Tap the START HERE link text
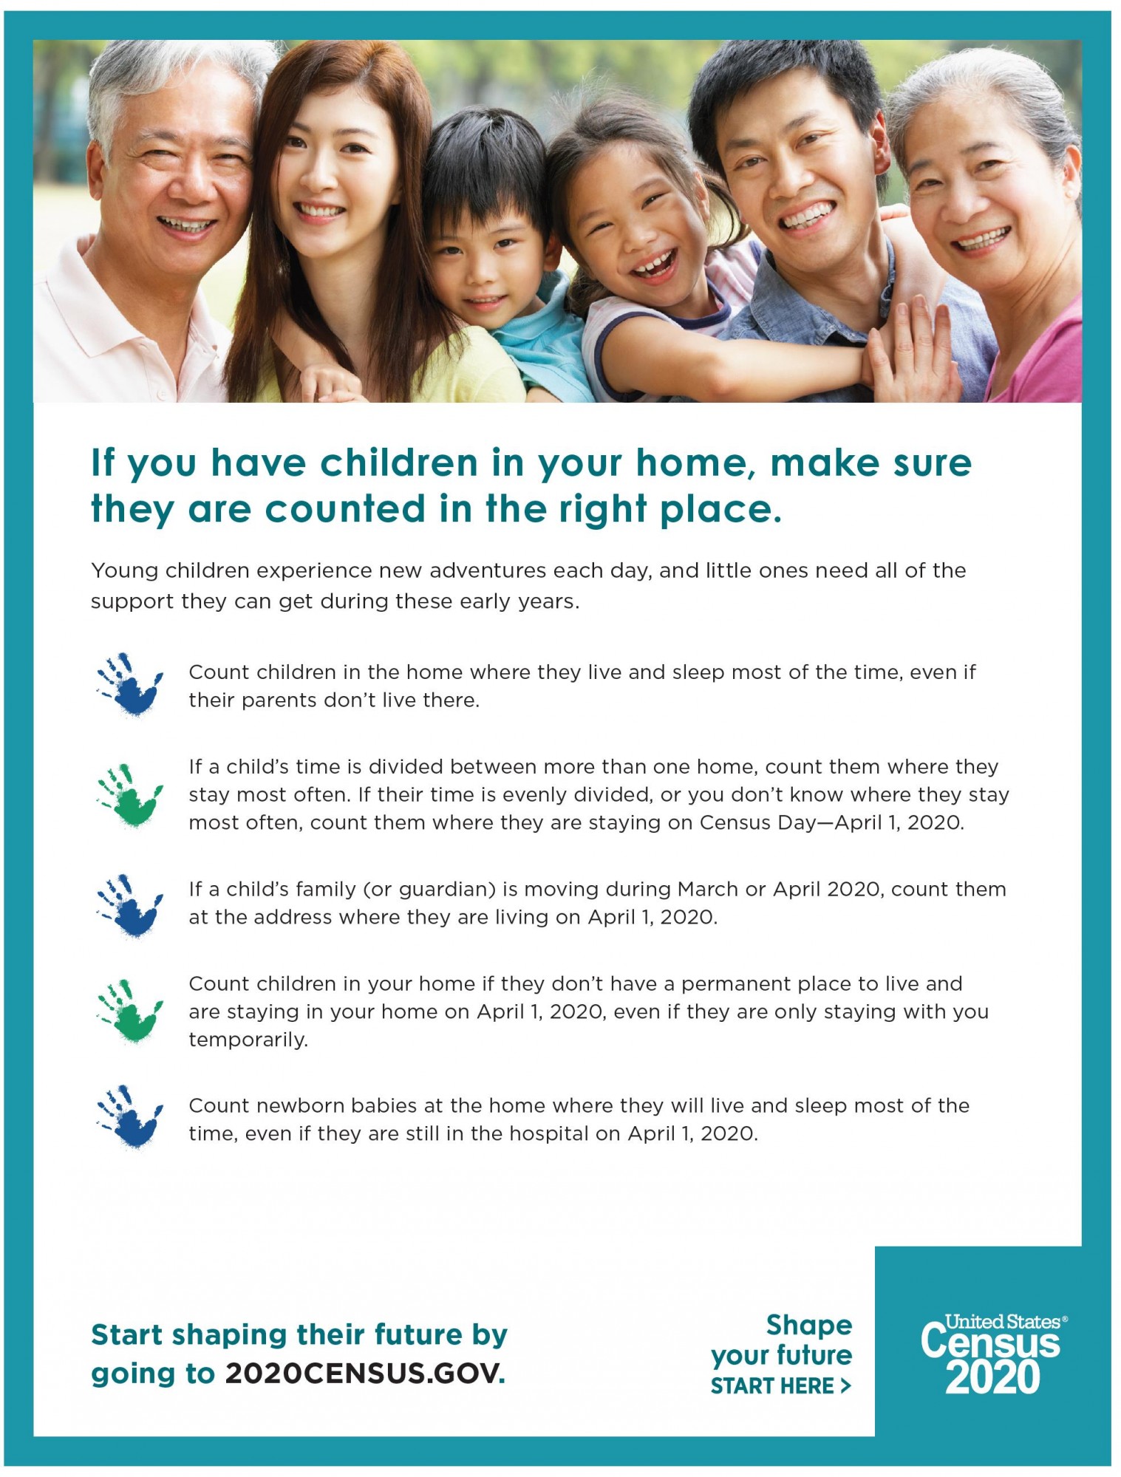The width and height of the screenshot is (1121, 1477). [x=780, y=1386]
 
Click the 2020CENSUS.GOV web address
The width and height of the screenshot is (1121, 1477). [x=365, y=1373]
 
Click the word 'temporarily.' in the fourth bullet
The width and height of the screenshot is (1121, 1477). [x=248, y=1040]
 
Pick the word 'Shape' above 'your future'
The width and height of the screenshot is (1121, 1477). [x=809, y=1325]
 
